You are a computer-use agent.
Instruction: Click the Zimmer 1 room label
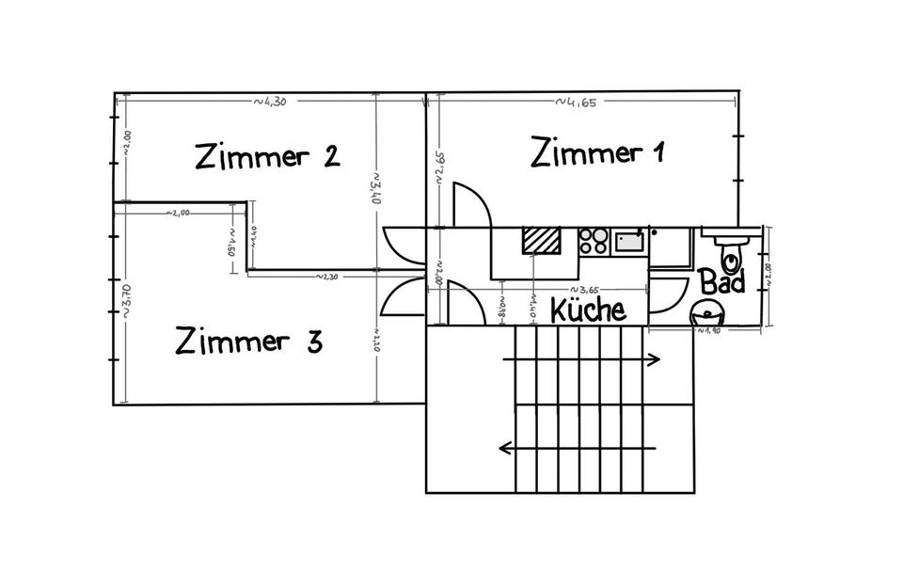click(597, 151)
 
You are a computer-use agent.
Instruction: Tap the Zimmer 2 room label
click(266, 155)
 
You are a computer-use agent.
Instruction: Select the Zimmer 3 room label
click(249, 341)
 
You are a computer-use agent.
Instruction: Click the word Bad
click(722, 280)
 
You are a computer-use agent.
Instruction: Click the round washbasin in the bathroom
click(707, 310)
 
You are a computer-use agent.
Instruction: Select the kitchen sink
click(628, 242)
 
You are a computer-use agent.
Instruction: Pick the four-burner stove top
click(594, 242)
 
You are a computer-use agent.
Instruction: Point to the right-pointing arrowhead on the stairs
click(655, 358)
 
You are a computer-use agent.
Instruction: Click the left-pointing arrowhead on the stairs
click(504, 448)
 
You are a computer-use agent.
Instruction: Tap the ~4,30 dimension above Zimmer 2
click(268, 101)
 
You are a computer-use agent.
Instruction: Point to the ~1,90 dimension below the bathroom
click(707, 330)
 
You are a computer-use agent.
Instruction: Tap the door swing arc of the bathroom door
click(670, 294)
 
